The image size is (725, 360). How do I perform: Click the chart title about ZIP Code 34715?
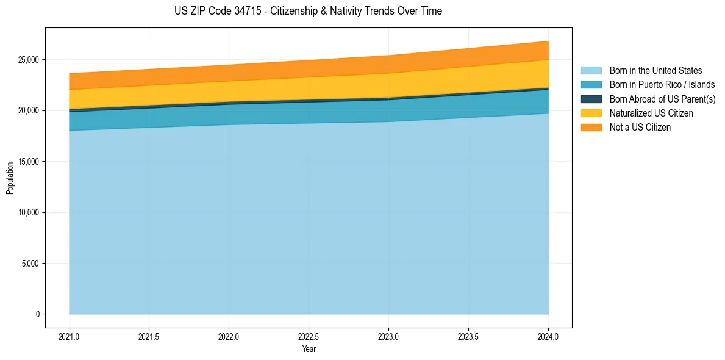click(308, 11)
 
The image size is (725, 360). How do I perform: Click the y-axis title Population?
click(10, 178)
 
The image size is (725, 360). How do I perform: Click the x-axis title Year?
click(309, 349)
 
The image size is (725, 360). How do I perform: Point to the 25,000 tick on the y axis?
click(29, 60)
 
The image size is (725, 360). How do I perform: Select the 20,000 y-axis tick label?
click(29, 110)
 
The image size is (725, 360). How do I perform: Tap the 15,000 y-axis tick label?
click(29, 162)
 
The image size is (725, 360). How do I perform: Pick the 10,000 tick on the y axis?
click(29, 212)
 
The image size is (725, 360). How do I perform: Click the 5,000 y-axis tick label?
click(30, 264)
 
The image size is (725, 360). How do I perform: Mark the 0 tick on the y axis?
click(38, 314)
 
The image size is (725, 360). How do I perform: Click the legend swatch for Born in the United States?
click(591, 71)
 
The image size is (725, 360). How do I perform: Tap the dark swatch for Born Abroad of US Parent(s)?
click(591, 99)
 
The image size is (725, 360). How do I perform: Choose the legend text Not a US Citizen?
click(640, 128)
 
